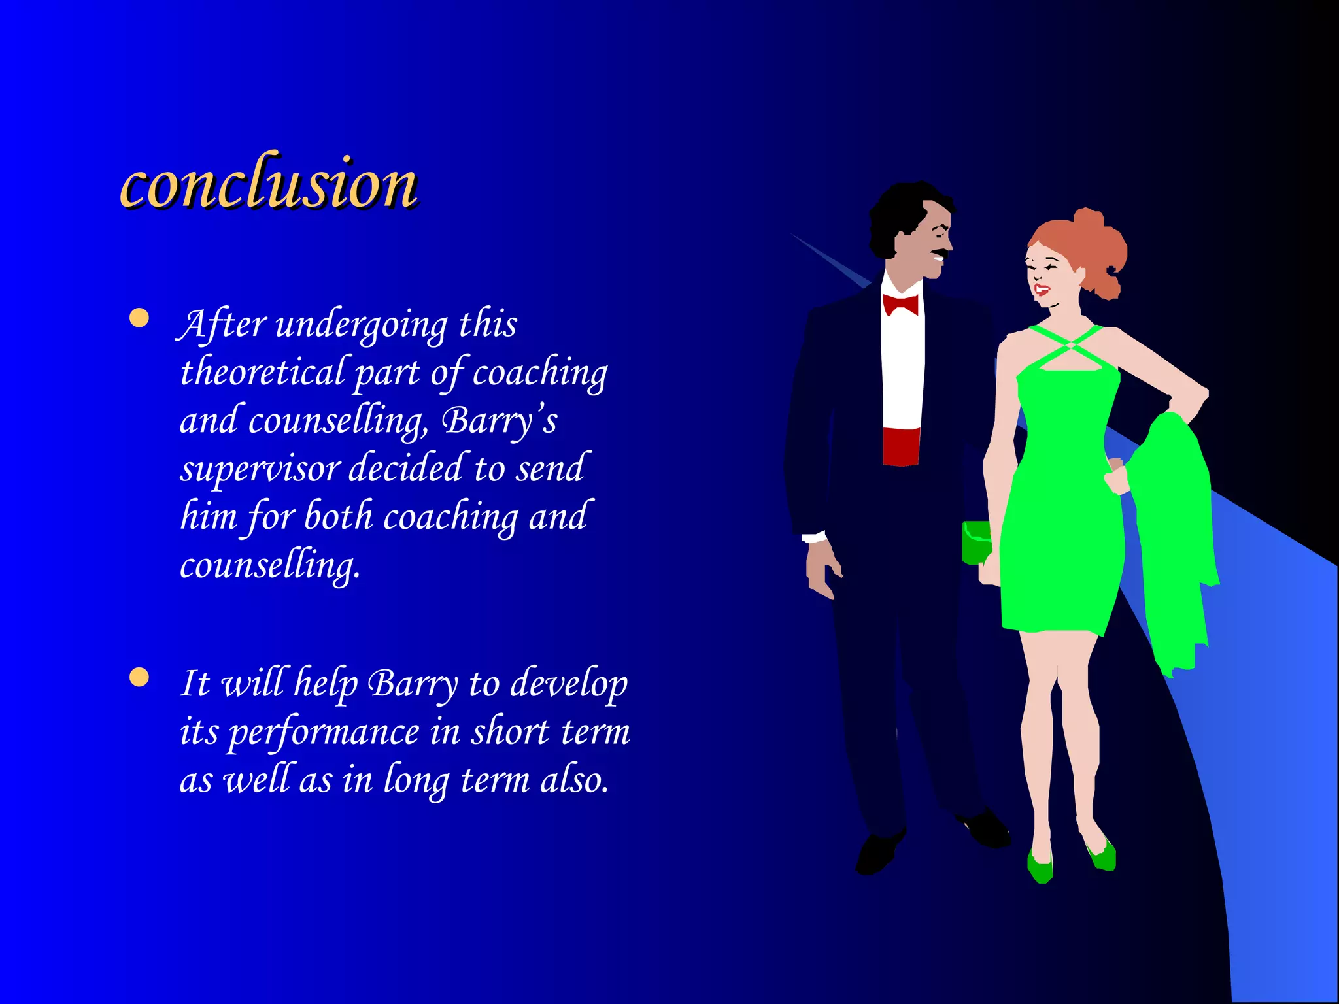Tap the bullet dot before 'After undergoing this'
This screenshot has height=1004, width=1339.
click(139, 318)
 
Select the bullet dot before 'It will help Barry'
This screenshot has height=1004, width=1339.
click(139, 677)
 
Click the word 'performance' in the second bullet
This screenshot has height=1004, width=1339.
click(324, 732)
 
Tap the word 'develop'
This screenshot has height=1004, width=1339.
click(568, 684)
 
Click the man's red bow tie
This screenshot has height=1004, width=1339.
click(900, 305)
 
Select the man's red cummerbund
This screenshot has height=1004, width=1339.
click(900, 446)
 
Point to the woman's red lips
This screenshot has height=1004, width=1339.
click(1042, 289)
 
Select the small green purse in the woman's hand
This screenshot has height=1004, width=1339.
click(975, 541)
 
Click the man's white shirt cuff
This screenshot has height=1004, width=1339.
click(814, 537)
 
